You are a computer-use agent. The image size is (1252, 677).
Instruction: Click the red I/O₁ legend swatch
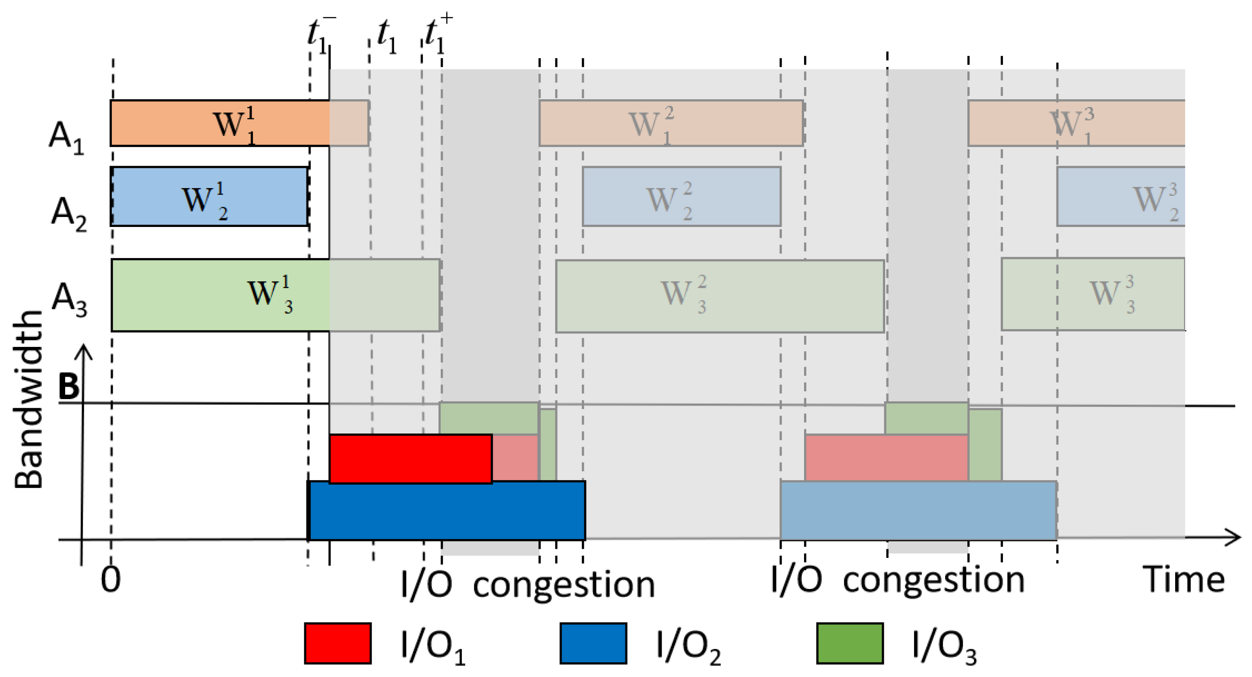point(338,643)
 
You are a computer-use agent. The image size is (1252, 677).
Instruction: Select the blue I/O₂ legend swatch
point(593,643)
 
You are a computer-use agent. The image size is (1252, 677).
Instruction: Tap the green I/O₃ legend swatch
point(850,643)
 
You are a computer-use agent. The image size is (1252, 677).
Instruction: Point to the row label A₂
point(69,214)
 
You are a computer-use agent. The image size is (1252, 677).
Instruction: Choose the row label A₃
point(69,299)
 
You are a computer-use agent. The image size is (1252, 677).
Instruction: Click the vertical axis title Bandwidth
point(28,399)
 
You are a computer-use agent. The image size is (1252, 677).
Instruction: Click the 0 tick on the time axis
point(111,579)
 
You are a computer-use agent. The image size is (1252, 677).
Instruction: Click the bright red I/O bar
point(411,458)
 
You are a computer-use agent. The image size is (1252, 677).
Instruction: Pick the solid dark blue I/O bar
point(447,510)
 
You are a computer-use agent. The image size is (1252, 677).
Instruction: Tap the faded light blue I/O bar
point(918,510)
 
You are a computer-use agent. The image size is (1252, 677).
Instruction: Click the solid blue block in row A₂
point(209,196)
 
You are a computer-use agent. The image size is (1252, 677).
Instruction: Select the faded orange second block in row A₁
point(671,123)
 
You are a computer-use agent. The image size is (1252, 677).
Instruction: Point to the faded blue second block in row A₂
point(681,196)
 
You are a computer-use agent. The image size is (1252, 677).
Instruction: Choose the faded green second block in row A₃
point(719,296)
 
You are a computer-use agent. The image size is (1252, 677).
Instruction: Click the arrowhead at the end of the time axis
point(1234,537)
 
